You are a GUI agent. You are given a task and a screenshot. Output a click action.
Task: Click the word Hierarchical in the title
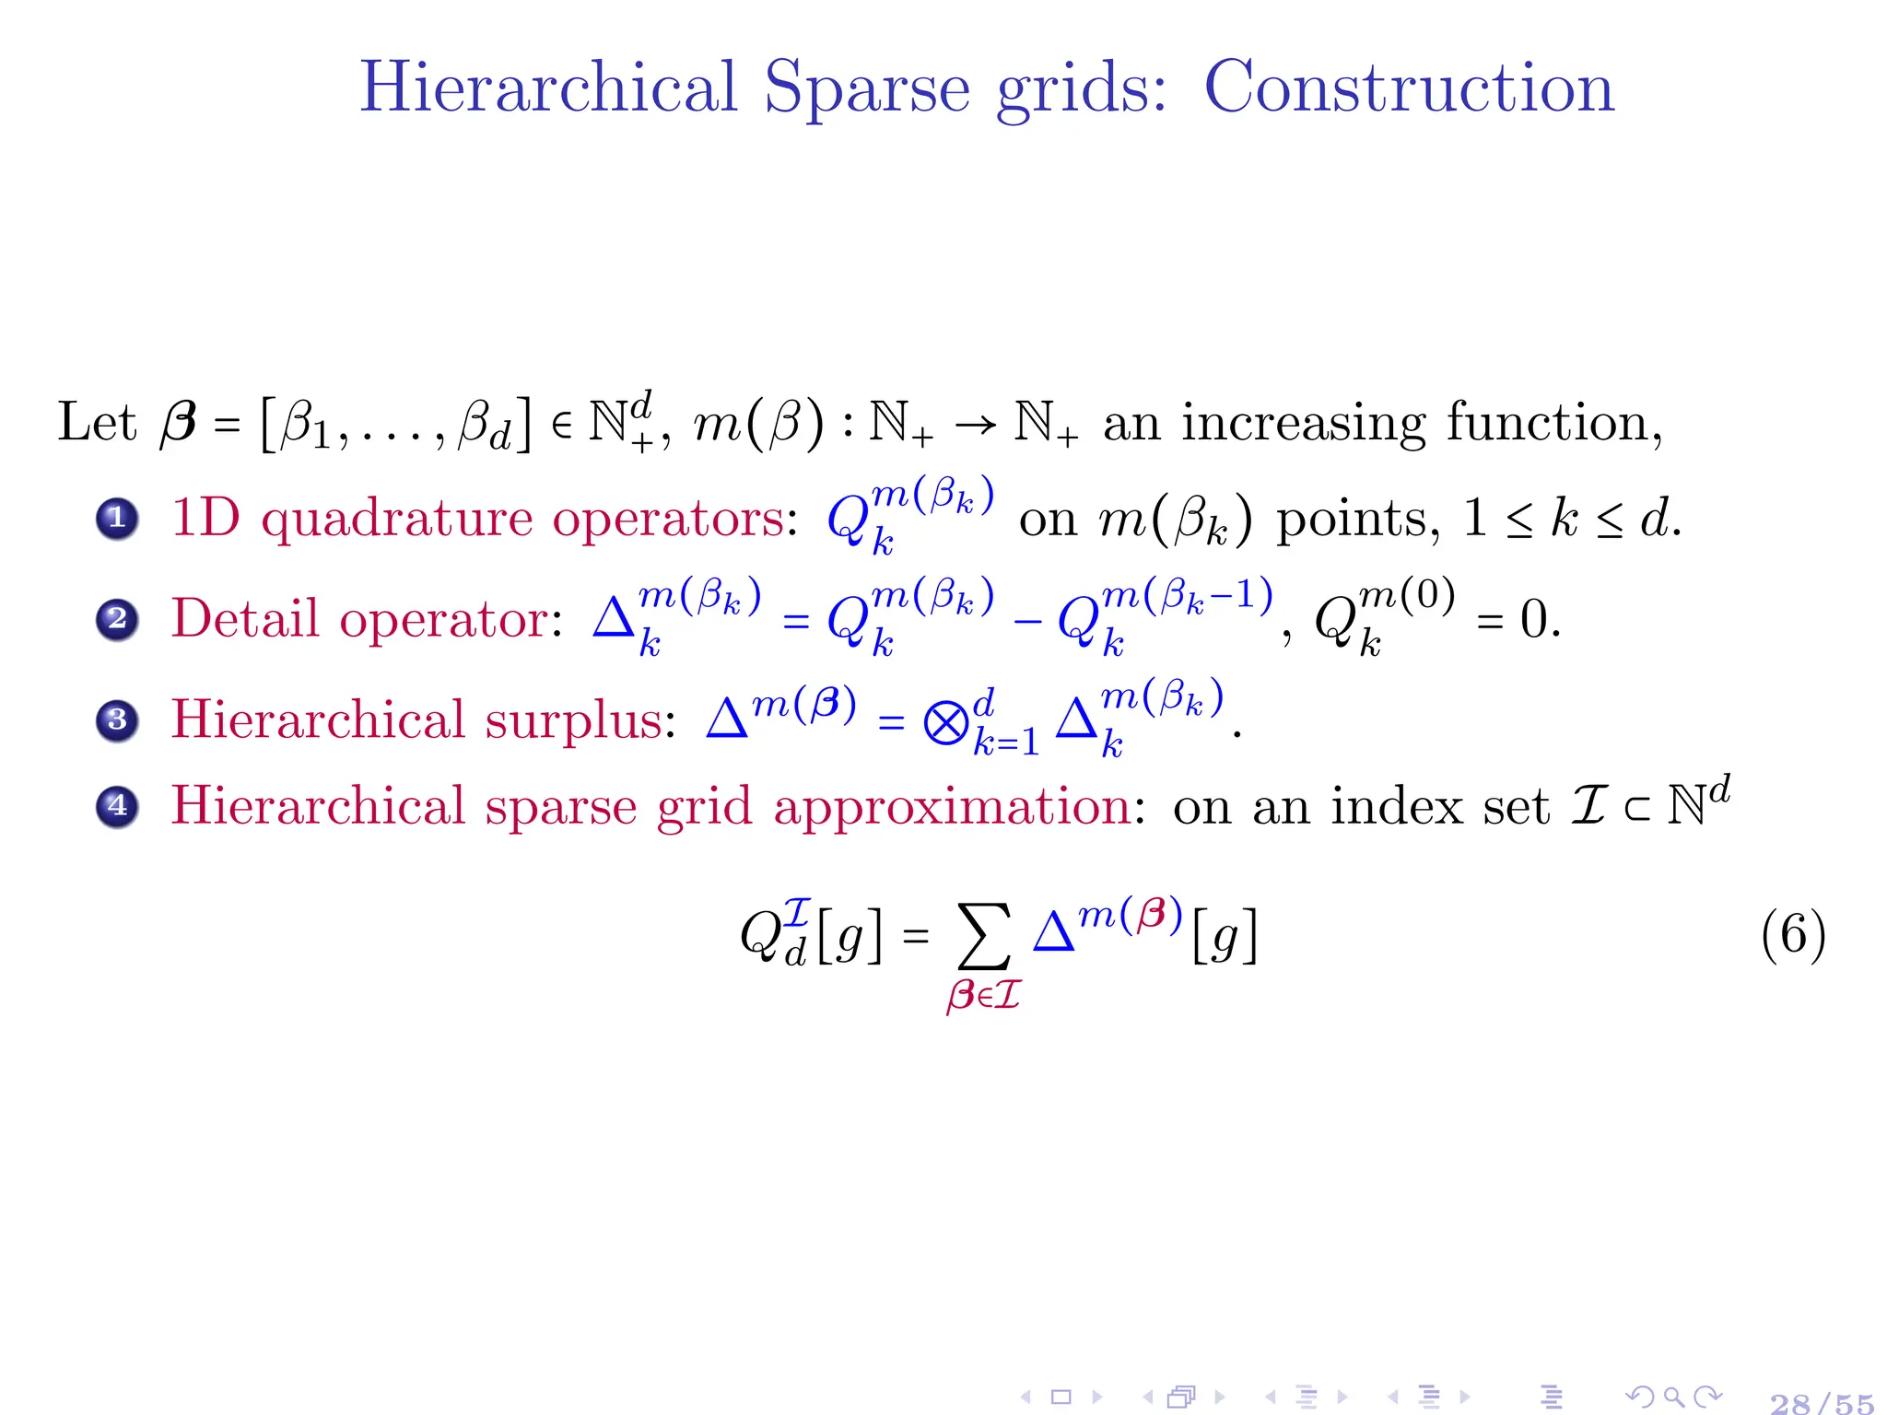click(x=548, y=88)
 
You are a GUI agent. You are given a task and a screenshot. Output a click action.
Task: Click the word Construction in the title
click(x=1409, y=88)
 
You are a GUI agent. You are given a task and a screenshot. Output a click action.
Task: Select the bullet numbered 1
click(x=117, y=519)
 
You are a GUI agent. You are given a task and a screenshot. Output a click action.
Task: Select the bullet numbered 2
click(x=117, y=619)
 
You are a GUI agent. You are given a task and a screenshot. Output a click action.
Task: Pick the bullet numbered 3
click(x=117, y=719)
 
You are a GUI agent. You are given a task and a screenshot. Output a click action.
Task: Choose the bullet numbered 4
click(x=117, y=807)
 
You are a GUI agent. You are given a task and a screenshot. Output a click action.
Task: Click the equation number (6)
click(x=1792, y=935)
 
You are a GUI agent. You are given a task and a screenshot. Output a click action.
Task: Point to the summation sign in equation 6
click(x=984, y=937)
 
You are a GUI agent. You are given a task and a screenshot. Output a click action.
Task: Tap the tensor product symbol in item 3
click(x=945, y=723)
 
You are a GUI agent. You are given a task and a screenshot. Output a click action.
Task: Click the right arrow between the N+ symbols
click(x=975, y=425)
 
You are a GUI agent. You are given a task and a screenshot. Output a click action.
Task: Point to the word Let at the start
click(x=96, y=423)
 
